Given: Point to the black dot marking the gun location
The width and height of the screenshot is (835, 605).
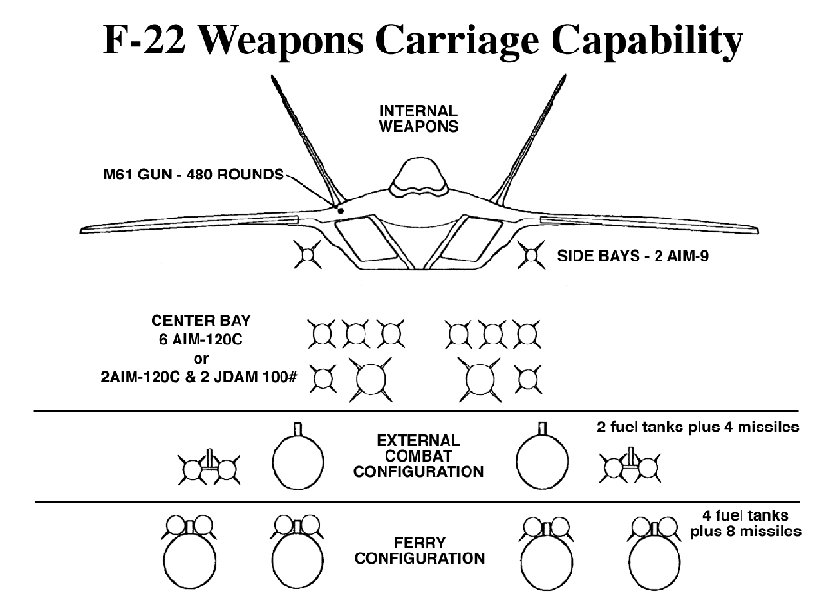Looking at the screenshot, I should coord(340,207).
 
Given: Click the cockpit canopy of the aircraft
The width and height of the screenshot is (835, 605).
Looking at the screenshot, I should coord(417,176).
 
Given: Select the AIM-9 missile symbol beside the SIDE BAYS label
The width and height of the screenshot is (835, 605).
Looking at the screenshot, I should coord(529,255).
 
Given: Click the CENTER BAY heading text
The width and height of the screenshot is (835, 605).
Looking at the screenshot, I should coord(200,320).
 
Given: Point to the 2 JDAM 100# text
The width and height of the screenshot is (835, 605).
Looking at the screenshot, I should coord(262,377).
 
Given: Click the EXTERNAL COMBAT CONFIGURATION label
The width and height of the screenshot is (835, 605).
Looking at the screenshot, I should coord(418,456).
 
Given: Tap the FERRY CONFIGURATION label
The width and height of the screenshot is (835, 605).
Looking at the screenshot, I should coord(418,550).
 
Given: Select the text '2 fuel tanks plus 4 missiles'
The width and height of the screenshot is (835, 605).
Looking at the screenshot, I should coord(696,427).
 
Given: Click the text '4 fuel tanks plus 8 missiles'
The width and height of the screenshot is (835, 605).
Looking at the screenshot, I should coord(745,523).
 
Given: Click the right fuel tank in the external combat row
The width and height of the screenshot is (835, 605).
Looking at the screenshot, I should coord(540,461).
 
